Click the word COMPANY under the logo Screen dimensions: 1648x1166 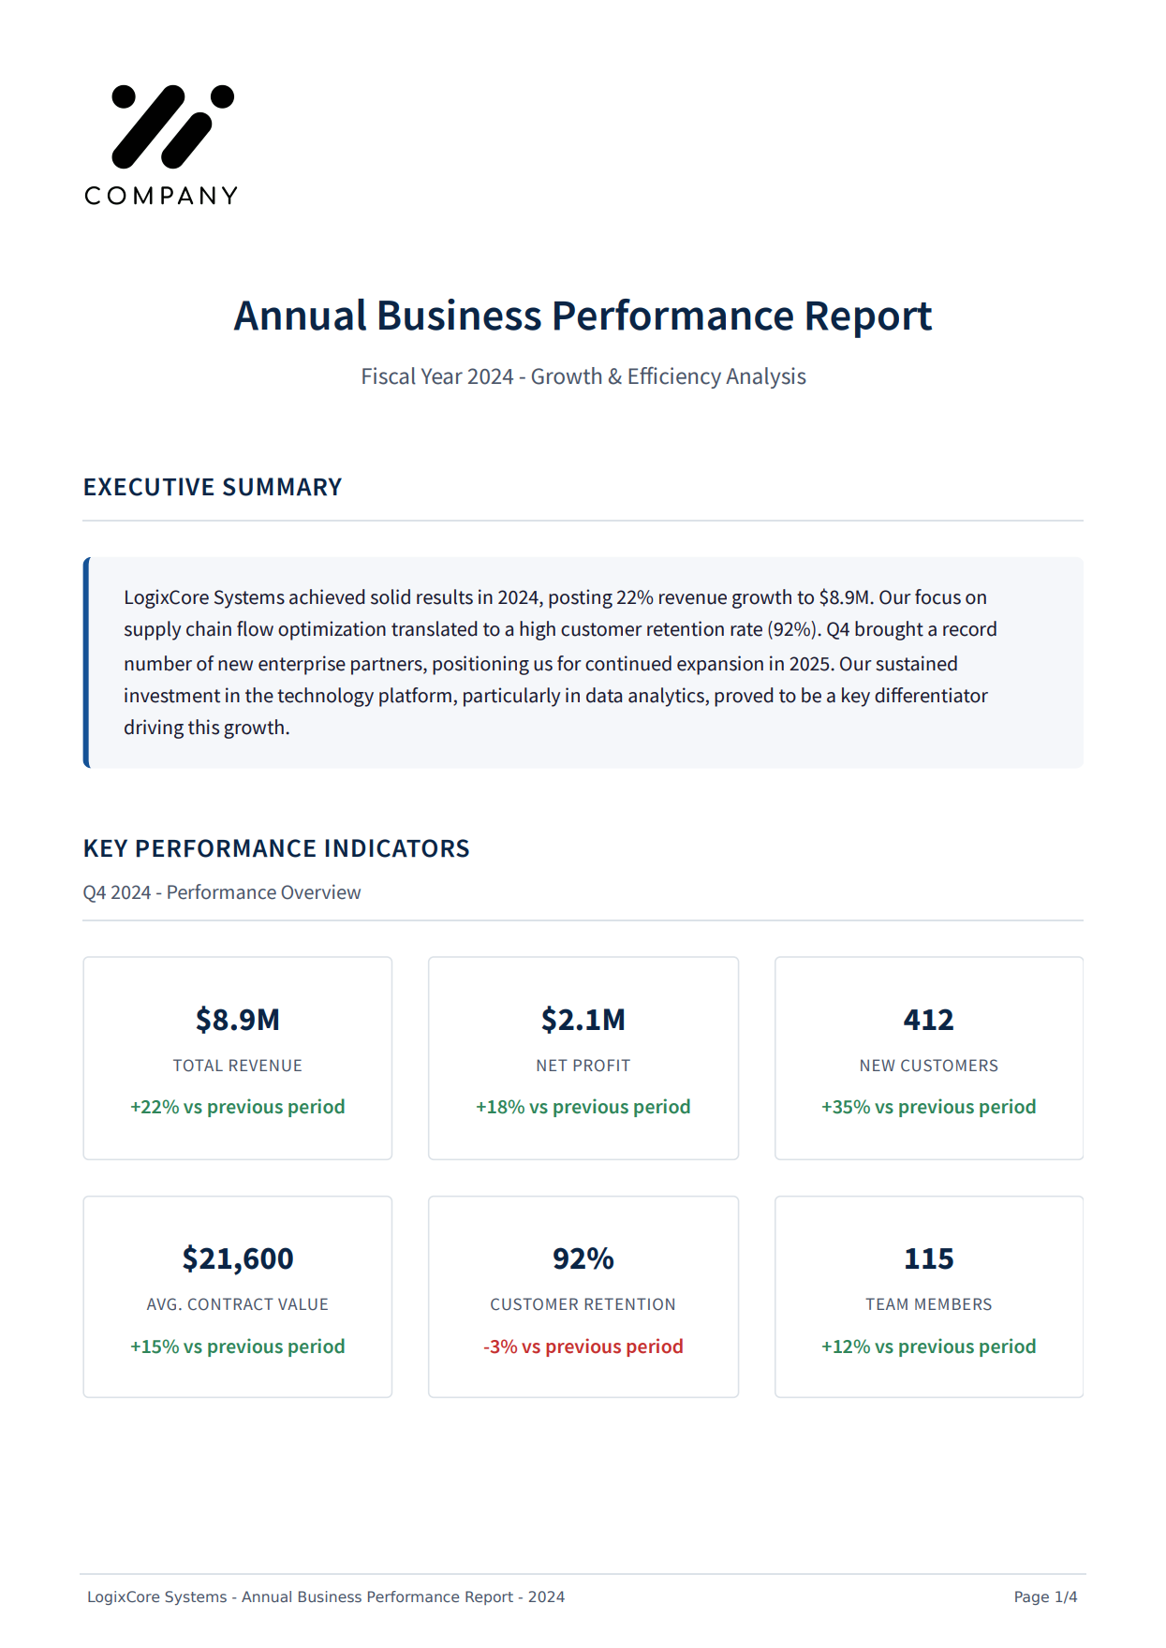[161, 196]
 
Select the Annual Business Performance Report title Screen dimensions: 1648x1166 [583, 316]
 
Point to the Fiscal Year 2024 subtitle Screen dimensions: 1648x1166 [583, 376]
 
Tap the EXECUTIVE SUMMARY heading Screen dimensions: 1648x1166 [213, 488]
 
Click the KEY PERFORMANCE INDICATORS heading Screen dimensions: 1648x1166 [276, 848]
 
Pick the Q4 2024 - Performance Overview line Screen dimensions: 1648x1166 [222, 892]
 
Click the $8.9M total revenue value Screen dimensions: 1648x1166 [238, 1020]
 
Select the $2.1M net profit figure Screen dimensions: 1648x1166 [583, 1020]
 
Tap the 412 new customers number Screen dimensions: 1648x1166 [928, 1020]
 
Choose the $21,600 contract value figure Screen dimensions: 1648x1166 [238, 1258]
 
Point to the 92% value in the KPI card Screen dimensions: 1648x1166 [583, 1258]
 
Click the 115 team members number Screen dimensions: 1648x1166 [928, 1258]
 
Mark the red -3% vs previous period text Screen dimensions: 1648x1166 [583, 1346]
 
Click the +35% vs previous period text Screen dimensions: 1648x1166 [928, 1107]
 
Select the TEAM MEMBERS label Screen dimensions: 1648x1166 [928, 1304]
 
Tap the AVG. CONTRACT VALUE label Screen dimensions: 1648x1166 [238, 1304]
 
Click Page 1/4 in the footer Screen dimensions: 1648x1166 [1045, 1596]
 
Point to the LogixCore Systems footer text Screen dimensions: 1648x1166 [326, 1596]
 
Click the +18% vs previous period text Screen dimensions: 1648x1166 [583, 1107]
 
